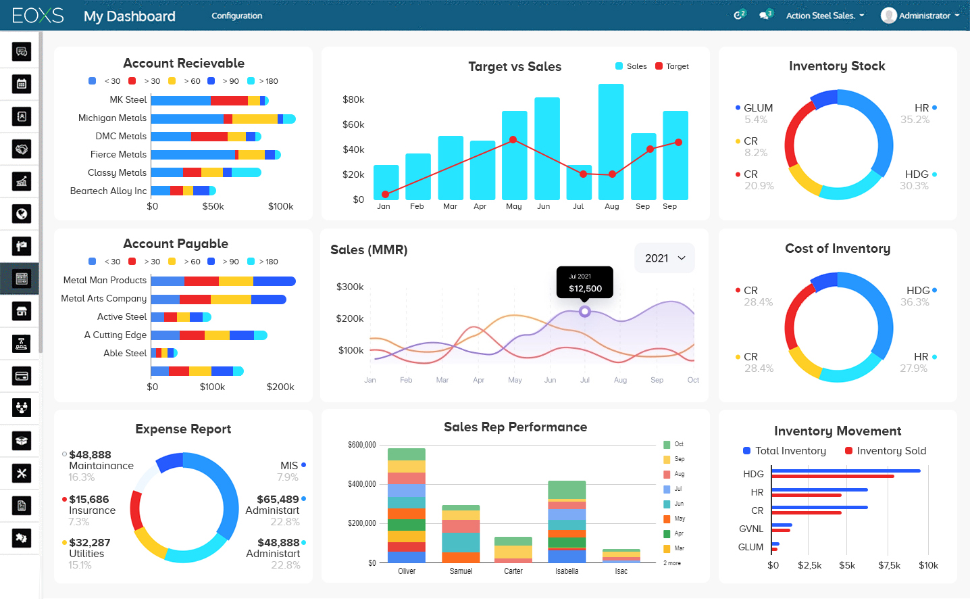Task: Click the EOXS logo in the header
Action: [x=38, y=16]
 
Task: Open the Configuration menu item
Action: [x=236, y=16]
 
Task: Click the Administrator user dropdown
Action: [x=920, y=16]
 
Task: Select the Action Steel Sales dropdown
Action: [x=824, y=16]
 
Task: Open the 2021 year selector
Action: [x=665, y=258]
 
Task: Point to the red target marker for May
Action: [x=513, y=140]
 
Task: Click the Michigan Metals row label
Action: [x=112, y=118]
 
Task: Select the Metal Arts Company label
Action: [x=103, y=299]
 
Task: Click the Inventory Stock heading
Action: [x=837, y=66]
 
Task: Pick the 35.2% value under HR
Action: [x=915, y=120]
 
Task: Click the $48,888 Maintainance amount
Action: [x=90, y=455]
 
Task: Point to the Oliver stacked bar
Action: [x=407, y=506]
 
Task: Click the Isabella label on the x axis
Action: [x=567, y=571]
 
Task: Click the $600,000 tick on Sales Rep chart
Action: [x=361, y=445]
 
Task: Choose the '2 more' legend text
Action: [x=672, y=563]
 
